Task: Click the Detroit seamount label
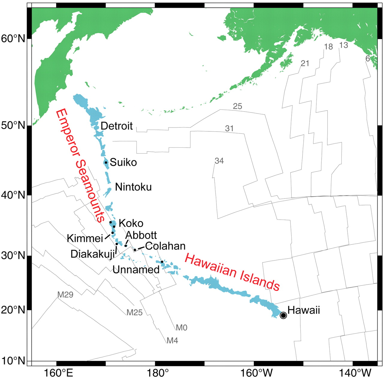(116, 126)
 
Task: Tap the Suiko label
(123, 162)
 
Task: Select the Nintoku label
(133, 187)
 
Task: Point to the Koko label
(131, 223)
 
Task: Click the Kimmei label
(85, 238)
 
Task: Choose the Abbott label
(141, 235)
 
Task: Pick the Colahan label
(165, 246)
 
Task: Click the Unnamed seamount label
(136, 270)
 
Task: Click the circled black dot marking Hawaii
(283, 315)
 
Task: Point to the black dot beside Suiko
(106, 163)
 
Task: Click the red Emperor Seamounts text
(80, 165)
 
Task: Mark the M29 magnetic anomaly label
(65, 295)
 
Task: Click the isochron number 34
(219, 161)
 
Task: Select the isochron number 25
(237, 106)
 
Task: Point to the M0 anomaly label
(181, 328)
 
